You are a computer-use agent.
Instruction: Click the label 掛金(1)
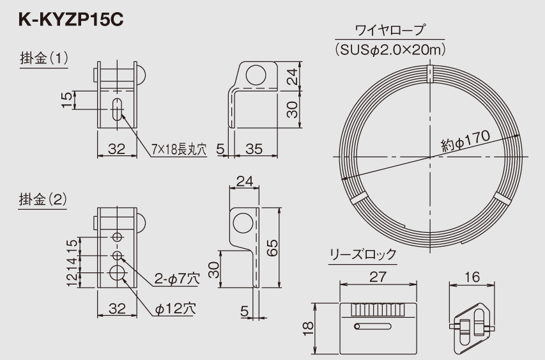[43, 59]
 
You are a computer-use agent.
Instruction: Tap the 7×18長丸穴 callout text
[180, 150]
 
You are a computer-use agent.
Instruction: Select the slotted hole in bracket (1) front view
[118, 109]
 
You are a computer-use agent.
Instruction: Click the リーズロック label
[362, 254]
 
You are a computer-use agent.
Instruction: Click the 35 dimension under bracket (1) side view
[254, 149]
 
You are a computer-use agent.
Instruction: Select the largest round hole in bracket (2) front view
[118, 273]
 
